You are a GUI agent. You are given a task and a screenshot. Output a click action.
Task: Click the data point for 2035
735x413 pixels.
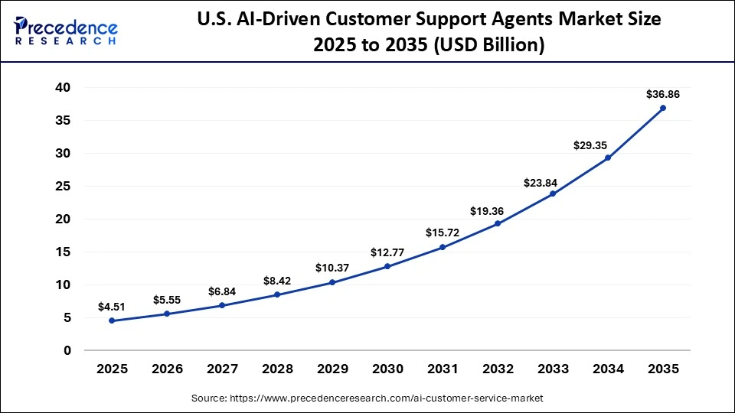tap(663, 108)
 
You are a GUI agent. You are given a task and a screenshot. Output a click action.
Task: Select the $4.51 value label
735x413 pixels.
tap(112, 307)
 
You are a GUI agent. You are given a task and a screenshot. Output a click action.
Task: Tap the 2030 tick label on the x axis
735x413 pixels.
tap(387, 369)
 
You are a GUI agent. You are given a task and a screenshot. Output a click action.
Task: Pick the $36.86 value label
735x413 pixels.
tap(663, 95)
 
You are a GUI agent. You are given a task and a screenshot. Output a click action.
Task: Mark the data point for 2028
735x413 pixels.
tap(277, 294)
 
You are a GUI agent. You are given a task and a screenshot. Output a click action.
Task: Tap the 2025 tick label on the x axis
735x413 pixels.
tap(112, 369)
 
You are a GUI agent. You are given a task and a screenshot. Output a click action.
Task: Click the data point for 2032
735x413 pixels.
tap(498, 223)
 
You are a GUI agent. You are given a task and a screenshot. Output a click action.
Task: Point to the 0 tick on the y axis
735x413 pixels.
tap(67, 350)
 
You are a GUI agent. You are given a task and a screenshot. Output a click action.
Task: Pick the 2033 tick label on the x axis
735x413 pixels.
tap(553, 369)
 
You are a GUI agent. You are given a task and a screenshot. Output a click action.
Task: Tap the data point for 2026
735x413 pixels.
tap(167, 314)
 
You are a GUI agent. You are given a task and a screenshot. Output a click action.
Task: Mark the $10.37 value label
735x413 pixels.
tap(332, 268)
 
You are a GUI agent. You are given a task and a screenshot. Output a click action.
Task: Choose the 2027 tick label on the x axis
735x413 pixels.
tap(222, 369)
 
